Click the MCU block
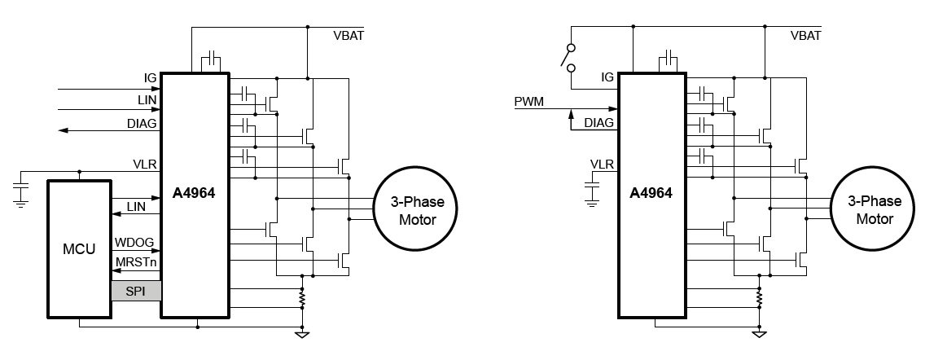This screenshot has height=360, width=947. pos(79,248)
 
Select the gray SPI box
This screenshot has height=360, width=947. pos(136,291)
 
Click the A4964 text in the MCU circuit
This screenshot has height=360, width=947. pos(195,194)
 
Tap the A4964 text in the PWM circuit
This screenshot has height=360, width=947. pos(651,194)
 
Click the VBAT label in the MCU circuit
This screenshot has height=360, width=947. pos(349,35)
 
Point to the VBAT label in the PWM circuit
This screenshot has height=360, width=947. pos(806,35)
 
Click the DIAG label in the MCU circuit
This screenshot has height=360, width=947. pos(143,123)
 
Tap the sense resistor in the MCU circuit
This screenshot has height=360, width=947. pos(302,299)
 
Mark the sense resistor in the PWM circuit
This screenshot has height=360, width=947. pos(759,299)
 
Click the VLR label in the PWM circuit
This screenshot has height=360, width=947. pos(602,164)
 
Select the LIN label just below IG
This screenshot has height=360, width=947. pos(147,99)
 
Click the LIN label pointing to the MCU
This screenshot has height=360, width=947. pos(136,207)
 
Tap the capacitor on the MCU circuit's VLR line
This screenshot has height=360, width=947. pos(20,192)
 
